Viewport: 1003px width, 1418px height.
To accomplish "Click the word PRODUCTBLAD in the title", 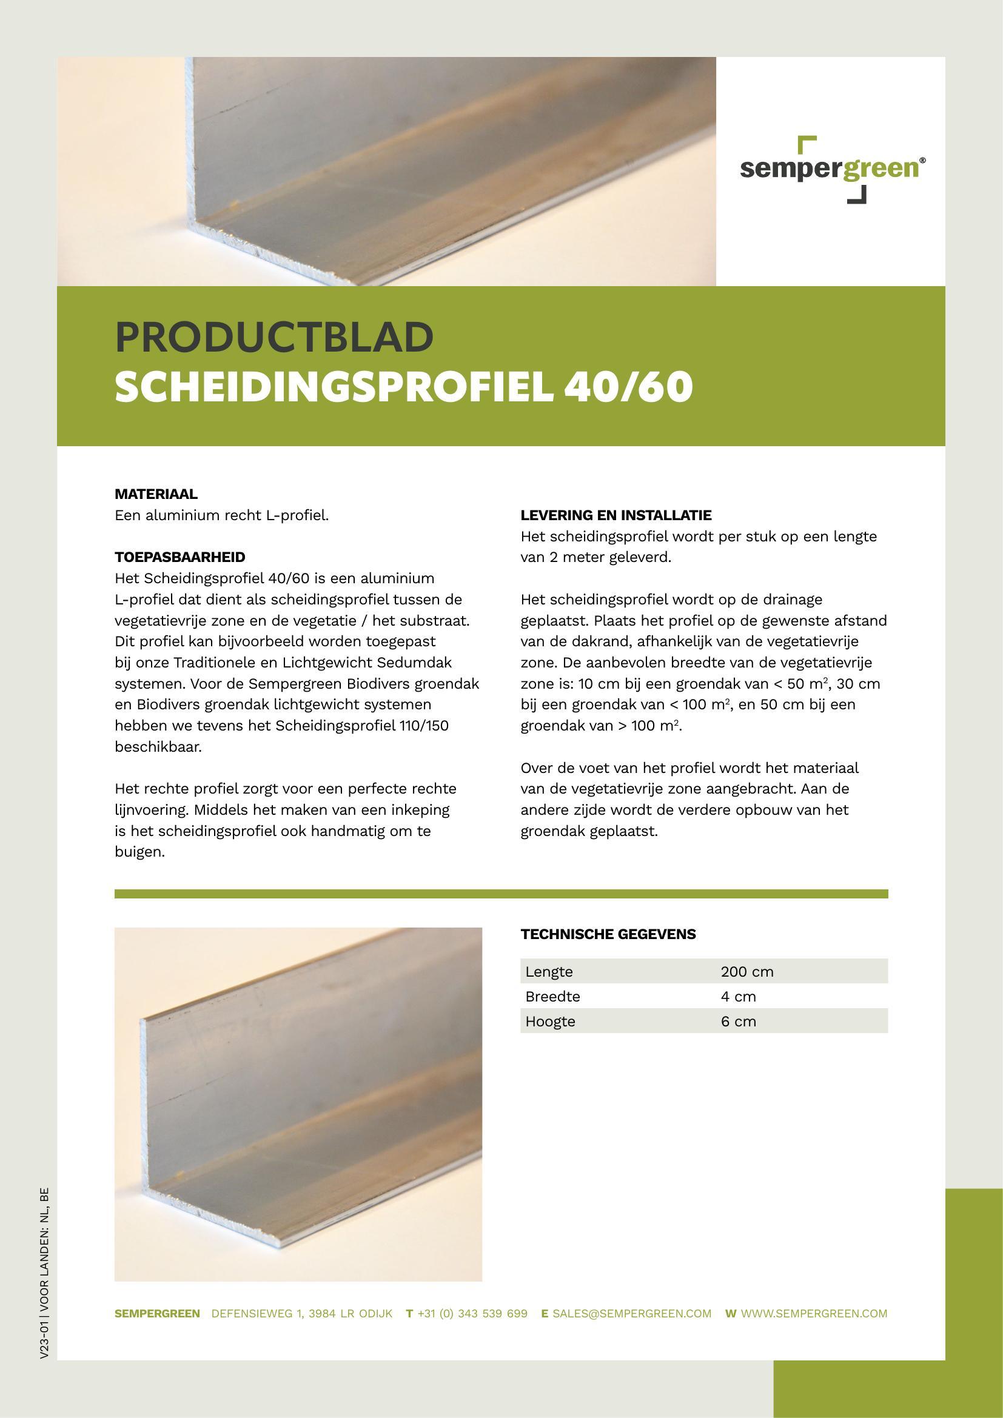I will coord(274,337).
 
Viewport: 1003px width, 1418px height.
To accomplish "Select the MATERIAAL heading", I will coord(156,494).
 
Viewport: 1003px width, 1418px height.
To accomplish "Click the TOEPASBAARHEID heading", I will coord(179,557).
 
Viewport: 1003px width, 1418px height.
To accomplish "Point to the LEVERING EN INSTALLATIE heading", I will coord(616,515).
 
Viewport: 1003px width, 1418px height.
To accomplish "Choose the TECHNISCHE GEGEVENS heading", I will coord(608,934).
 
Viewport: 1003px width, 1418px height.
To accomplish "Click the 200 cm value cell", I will coord(746,971).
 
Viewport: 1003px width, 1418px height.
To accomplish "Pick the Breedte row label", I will coord(553,996).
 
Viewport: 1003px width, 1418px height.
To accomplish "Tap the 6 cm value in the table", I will coord(738,1021).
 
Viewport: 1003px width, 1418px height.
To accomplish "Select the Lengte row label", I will coord(549,971).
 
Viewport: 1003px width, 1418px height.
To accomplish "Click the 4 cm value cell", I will coord(738,996).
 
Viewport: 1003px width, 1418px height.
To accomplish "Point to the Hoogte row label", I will coord(550,1021).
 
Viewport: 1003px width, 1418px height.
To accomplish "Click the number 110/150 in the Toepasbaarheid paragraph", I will coord(424,726).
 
